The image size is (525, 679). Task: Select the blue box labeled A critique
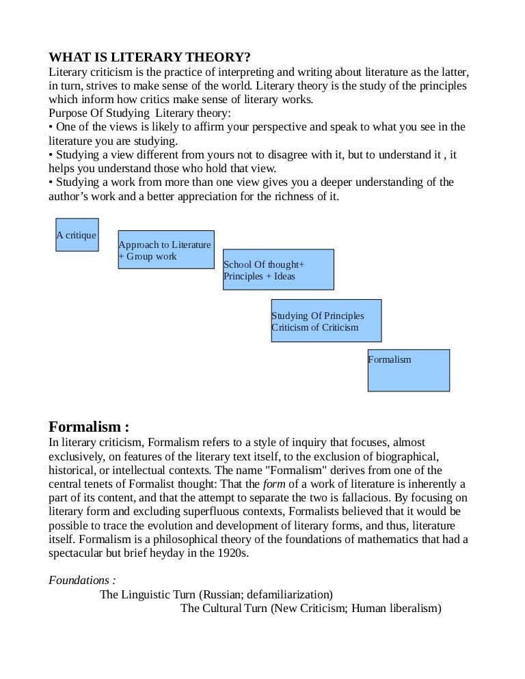pos(77,234)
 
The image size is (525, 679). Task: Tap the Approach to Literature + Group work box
pos(166,249)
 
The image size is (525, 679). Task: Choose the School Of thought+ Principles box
pos(278,269)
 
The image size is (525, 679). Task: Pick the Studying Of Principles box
pos(326,320)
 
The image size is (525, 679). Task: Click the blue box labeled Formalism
pos(408,370)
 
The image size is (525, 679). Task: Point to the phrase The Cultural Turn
pos(224,609)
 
